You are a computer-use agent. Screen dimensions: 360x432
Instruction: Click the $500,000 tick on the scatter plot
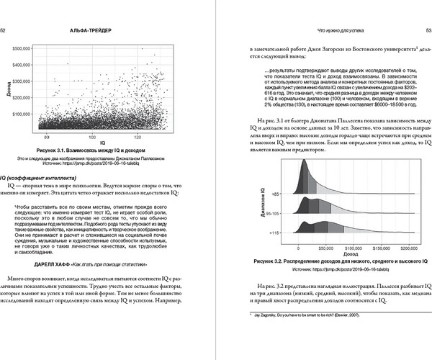point(22,48)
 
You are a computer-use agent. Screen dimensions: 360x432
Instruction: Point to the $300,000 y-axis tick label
point(22,81)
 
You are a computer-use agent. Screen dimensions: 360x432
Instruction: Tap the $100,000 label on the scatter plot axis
point(22,114)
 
